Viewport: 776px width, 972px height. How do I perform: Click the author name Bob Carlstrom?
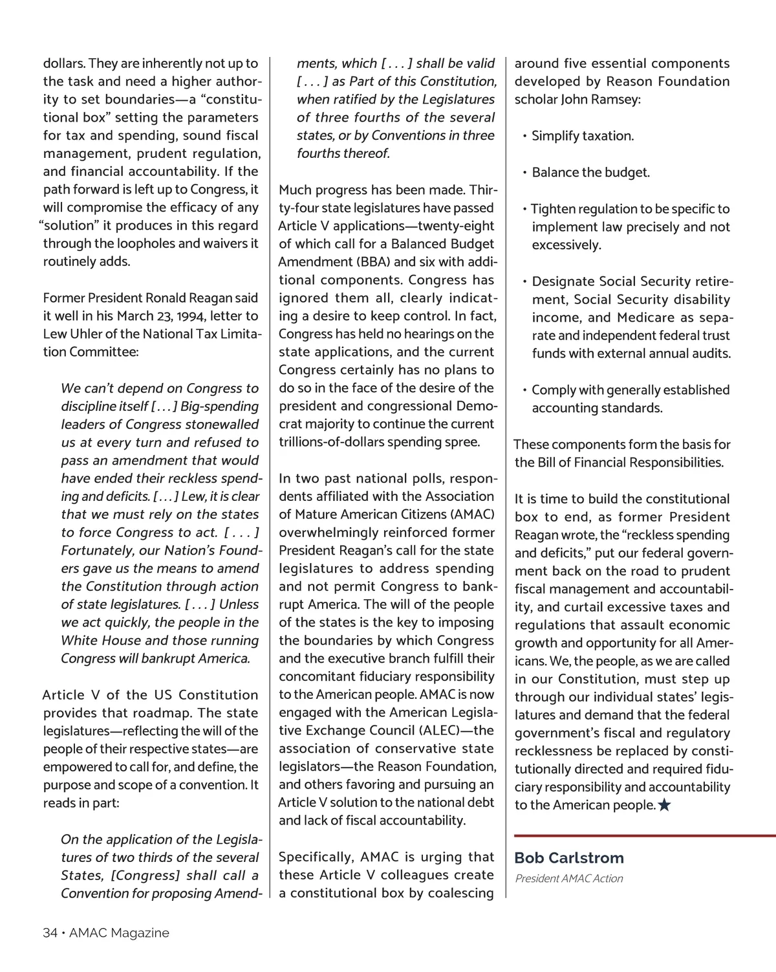coord(569,858)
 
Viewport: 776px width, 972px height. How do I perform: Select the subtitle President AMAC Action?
coord(569,879)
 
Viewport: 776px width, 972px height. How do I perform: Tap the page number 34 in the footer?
coord(50,933)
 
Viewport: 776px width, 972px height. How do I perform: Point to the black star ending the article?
coord(664,806)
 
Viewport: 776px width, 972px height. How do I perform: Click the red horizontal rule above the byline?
coord(644,836)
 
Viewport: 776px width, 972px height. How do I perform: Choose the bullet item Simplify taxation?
coord(582,136)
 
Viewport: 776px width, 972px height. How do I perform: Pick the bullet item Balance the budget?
coord(590,173)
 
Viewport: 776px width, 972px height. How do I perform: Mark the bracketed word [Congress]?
coord(145,876)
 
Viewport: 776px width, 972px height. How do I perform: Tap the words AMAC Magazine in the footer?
coord(119,933)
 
